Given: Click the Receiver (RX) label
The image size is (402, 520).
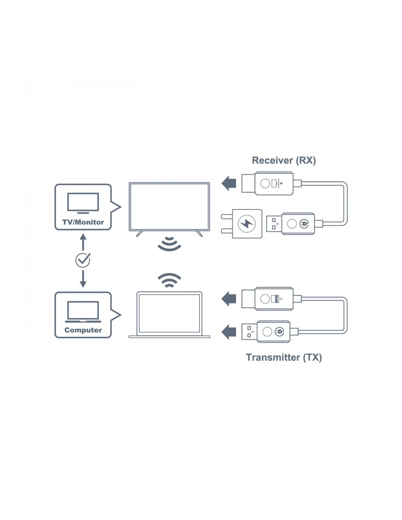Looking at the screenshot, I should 284,161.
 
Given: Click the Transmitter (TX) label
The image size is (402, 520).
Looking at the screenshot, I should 284,357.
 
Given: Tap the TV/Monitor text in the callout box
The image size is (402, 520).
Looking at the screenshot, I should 83,222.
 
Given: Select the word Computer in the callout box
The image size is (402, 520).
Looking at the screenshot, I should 83,330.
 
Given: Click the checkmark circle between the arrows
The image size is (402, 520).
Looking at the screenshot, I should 83,260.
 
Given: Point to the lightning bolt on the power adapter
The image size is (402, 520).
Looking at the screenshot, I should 247,223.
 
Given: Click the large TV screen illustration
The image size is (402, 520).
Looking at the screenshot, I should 169,207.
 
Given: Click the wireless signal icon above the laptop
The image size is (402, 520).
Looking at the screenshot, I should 169,280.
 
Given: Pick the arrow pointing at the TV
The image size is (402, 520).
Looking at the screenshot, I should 229,183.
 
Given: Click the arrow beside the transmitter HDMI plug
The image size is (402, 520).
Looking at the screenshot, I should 229,298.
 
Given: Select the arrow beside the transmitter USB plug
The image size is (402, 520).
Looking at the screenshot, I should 229,332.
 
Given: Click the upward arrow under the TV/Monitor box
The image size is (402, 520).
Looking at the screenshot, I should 83,242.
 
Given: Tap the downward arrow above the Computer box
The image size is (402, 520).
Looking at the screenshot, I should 83,279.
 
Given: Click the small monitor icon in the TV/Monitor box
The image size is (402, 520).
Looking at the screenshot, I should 83,203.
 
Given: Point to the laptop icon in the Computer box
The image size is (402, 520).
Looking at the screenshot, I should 83,312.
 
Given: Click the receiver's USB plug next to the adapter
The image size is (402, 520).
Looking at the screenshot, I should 274,223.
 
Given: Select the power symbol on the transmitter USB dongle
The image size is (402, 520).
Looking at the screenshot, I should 279,332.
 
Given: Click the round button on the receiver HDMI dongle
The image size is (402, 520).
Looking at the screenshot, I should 265,183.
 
